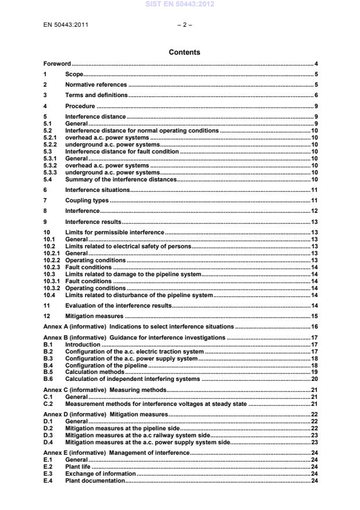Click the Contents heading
184,52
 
